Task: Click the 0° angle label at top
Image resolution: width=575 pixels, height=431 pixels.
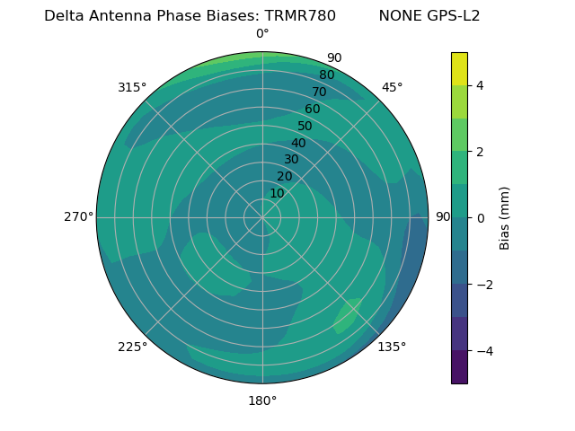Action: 262,34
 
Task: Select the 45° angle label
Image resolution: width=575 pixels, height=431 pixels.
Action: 392,87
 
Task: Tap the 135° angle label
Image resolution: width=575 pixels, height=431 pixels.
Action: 392,347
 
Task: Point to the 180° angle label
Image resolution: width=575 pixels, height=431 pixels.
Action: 262,400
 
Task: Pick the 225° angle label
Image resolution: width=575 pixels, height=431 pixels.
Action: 132,347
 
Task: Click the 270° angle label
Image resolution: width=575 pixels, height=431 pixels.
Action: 79,216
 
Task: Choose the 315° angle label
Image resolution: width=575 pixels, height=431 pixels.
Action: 132,87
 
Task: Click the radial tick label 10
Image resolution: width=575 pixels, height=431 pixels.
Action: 277,193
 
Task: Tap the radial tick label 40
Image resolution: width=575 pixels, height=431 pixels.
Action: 298,143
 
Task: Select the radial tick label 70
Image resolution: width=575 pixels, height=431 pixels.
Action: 319,92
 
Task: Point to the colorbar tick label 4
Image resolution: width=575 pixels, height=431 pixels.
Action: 481,85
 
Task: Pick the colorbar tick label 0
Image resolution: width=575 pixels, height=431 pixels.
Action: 481,217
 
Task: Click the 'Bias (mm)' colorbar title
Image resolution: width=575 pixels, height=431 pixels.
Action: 505,217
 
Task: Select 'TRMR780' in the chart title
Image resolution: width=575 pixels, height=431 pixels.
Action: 300,16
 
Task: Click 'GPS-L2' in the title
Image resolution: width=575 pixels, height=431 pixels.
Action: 455,16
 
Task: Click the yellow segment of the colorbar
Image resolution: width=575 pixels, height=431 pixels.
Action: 459,68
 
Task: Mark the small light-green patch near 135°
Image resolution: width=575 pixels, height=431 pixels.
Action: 347,315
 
